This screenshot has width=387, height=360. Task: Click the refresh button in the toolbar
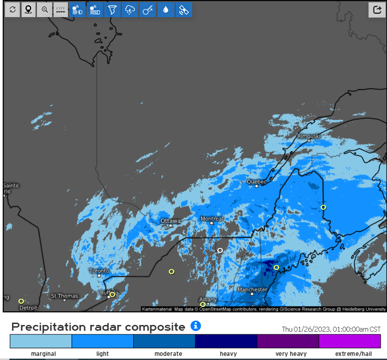pos(12,9)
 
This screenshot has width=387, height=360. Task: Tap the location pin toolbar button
pos(28,9)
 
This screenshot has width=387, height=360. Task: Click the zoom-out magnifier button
pos(45,9)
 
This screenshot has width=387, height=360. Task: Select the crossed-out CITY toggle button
pos(60,9)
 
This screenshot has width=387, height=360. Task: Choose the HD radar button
pos(76,9)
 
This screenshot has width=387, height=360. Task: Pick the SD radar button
pos(94,9)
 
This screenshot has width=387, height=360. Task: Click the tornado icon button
pos(112,9)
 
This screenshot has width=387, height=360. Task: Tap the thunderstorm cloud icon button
pos(130,9)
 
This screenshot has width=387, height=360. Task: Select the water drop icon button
pos(166,9)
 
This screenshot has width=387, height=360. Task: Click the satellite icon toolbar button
pos(183,9)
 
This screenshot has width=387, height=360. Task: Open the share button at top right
pos(376,9)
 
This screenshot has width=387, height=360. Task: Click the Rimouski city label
pos(309,136)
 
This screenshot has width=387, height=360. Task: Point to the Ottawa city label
pos(171,221)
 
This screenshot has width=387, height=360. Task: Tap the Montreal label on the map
pos(211,219)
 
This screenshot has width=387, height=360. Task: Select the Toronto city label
pos(99,271)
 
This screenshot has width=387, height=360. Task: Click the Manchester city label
pos(252,290)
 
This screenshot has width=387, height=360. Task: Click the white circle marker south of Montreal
pos(220,250)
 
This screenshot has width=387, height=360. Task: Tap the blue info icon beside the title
pos(196,326)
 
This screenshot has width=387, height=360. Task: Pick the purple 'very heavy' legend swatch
pos(288,341)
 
